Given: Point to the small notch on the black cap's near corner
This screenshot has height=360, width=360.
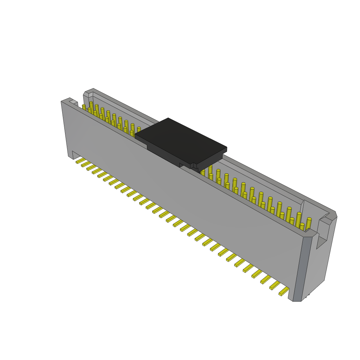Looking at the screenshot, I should pos(192,165).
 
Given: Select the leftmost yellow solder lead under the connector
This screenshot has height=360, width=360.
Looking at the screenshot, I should pos(81,161).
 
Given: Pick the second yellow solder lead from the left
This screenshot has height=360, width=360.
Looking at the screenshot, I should pos(86,164).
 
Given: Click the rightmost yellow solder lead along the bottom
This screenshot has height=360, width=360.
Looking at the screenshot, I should pos(284,291).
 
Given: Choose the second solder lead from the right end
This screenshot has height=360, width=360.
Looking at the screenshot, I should pos(275,285).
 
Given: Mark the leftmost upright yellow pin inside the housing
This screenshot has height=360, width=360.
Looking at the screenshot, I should pos(84,107).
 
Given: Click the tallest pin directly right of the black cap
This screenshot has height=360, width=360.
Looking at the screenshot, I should pos(210,170).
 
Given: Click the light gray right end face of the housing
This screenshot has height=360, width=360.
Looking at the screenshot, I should pos(320,267).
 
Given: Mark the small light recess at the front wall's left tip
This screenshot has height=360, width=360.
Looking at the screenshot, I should pos(73,102).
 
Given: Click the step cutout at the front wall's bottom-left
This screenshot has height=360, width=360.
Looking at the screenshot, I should pos(75,155).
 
